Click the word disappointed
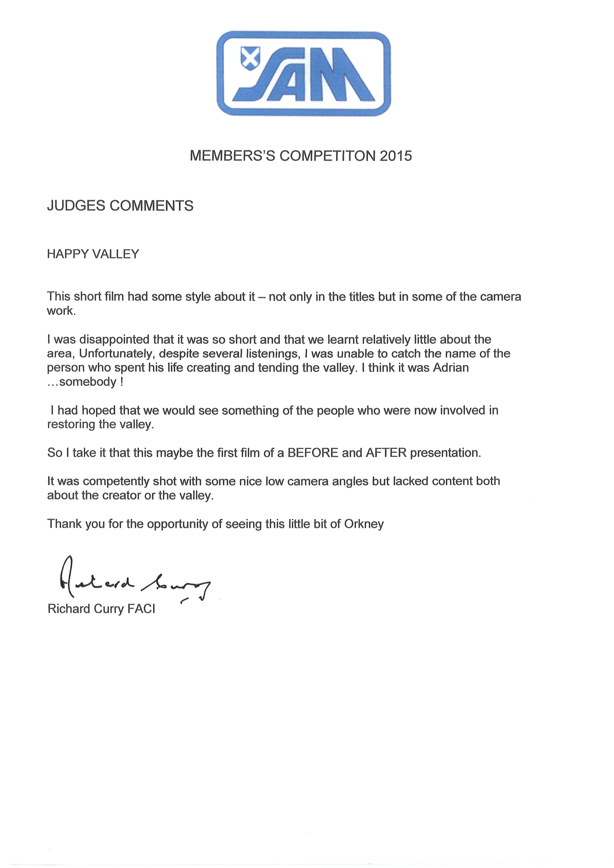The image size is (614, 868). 102,340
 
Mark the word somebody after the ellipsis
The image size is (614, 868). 88,382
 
